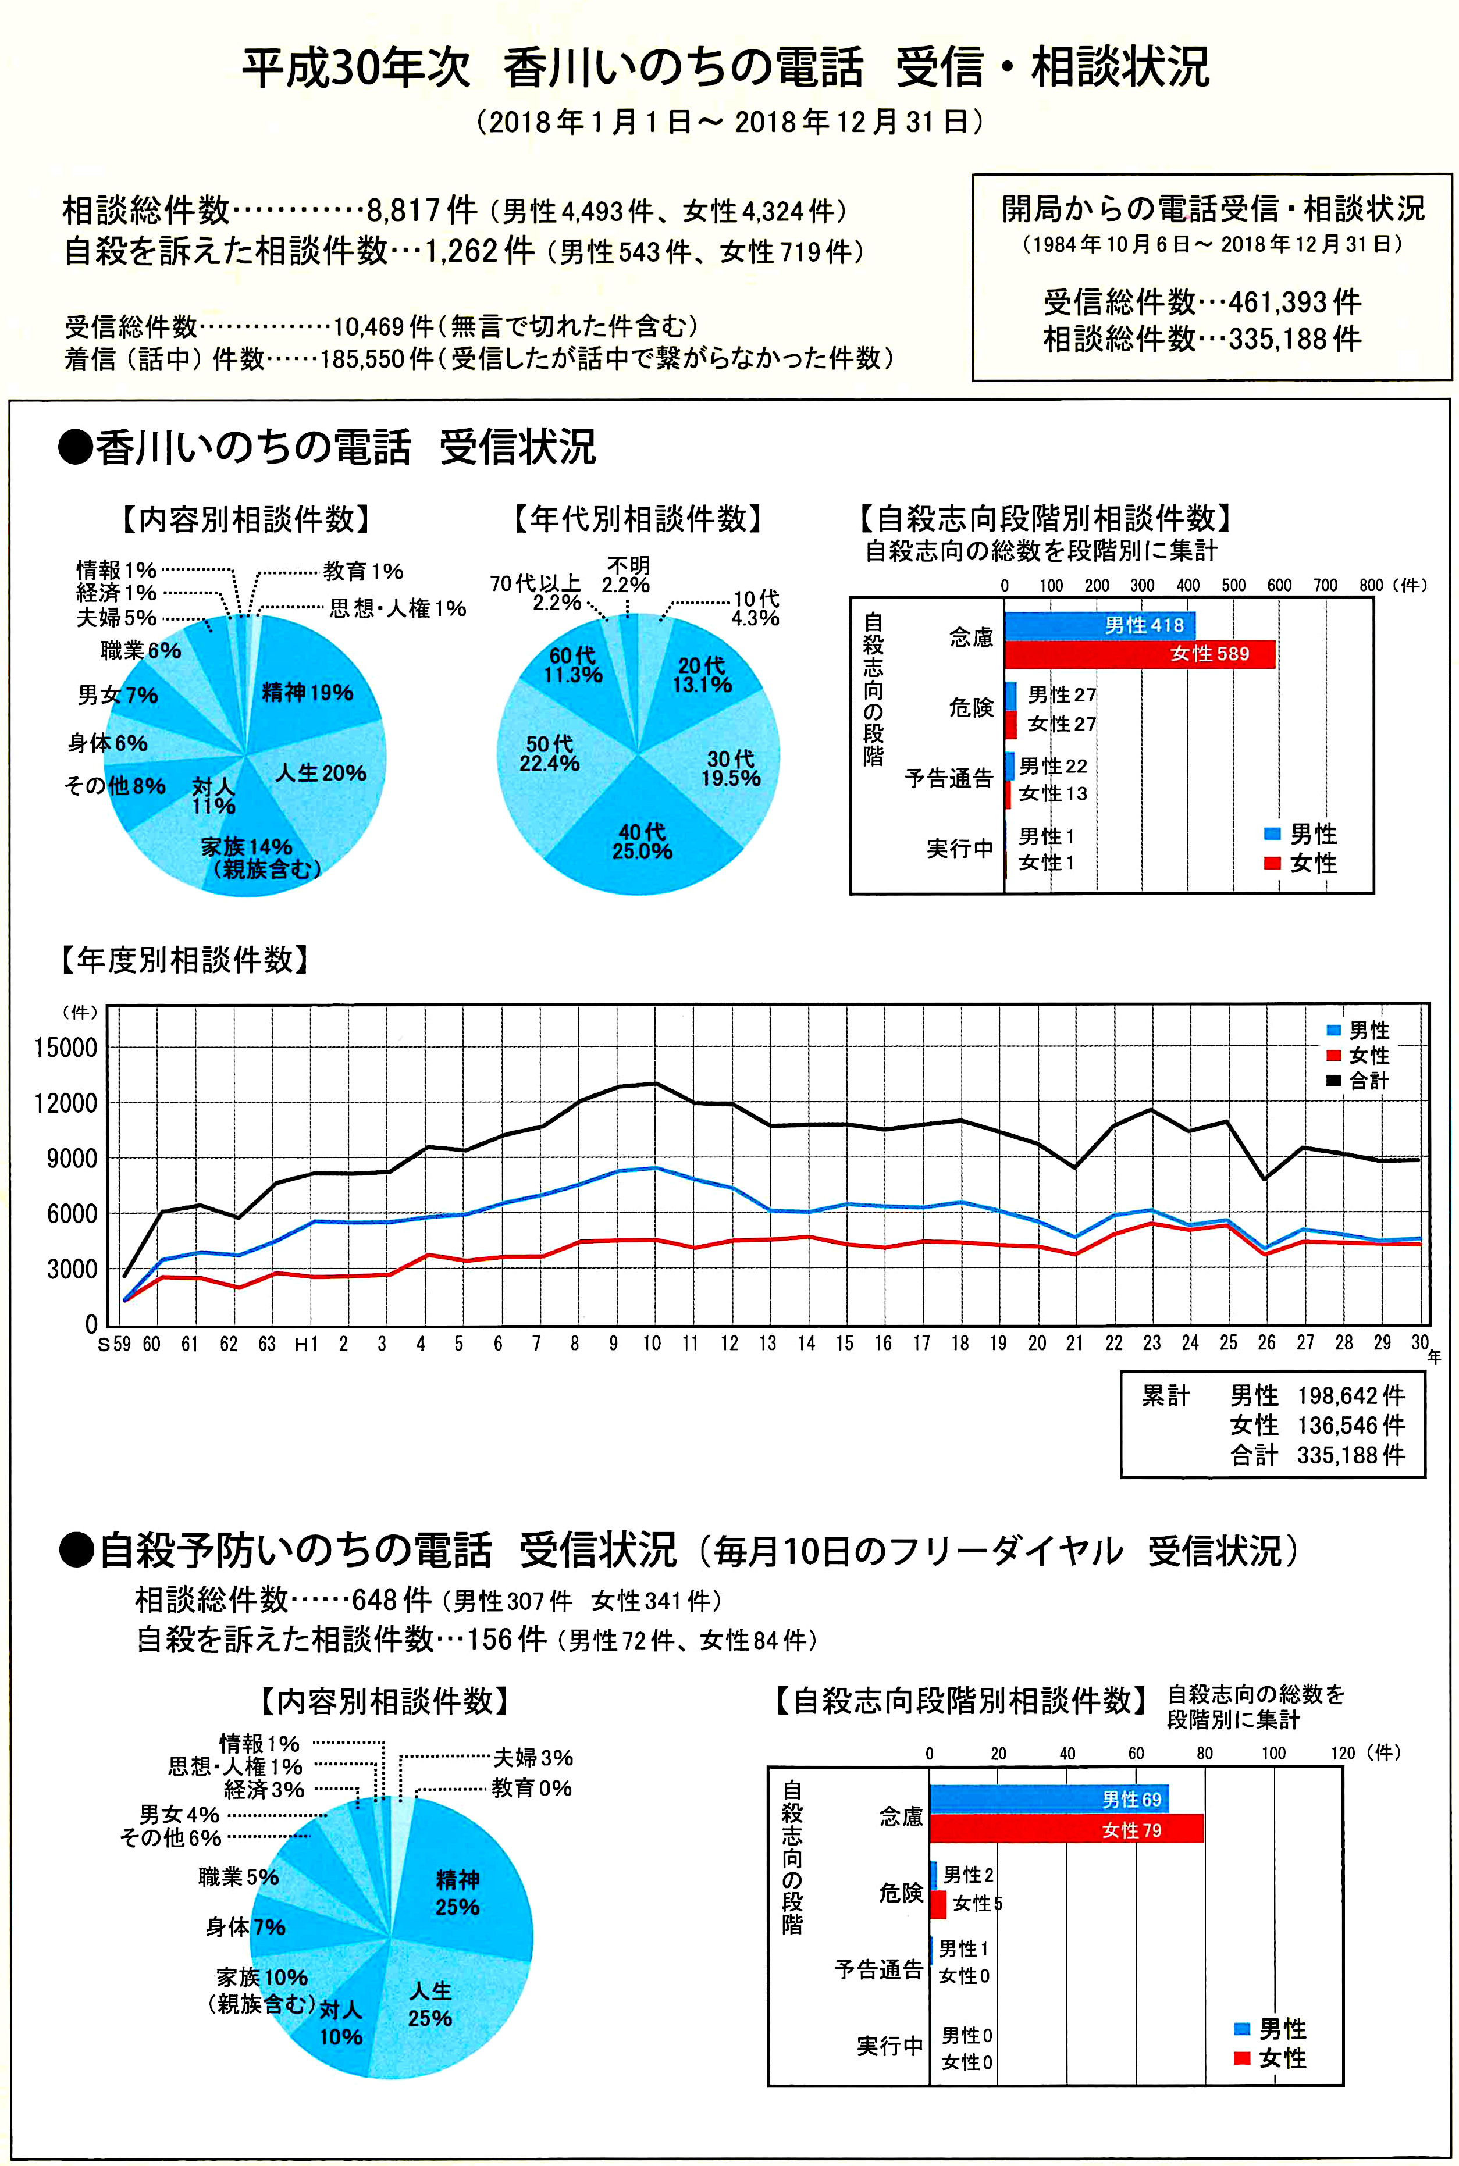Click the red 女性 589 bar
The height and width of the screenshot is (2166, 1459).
(x=1139, y=654)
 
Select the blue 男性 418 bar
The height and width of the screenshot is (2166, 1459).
(x=1099, y=625)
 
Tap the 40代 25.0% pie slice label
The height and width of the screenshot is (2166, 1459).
(x=642, y=841)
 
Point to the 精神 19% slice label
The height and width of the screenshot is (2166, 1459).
(x=307, y=692)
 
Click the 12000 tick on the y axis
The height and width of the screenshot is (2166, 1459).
(x=65, y=1103)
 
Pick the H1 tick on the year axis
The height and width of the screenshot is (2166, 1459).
(x=305, y=1344)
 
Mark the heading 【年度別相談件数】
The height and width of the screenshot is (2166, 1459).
(x=184, y=959)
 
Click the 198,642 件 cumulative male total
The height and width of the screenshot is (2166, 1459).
(x=1351, y=1395)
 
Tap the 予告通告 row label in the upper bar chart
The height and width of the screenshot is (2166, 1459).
(x=948, y=778)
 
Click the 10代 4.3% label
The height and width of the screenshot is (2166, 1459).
(x=756, y=608)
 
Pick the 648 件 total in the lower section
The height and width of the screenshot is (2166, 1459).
(x=392, y=1600)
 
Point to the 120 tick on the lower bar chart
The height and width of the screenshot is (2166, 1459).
(x=1343, y=1753)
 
